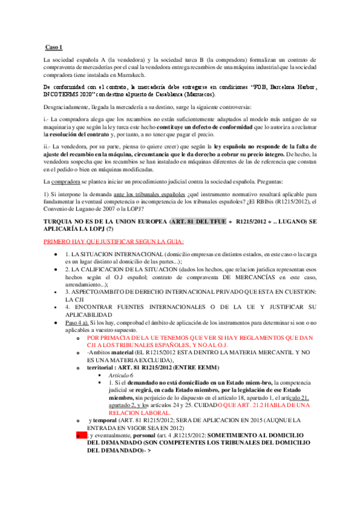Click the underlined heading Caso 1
pos(54,47)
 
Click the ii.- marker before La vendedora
pos(47,147)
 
